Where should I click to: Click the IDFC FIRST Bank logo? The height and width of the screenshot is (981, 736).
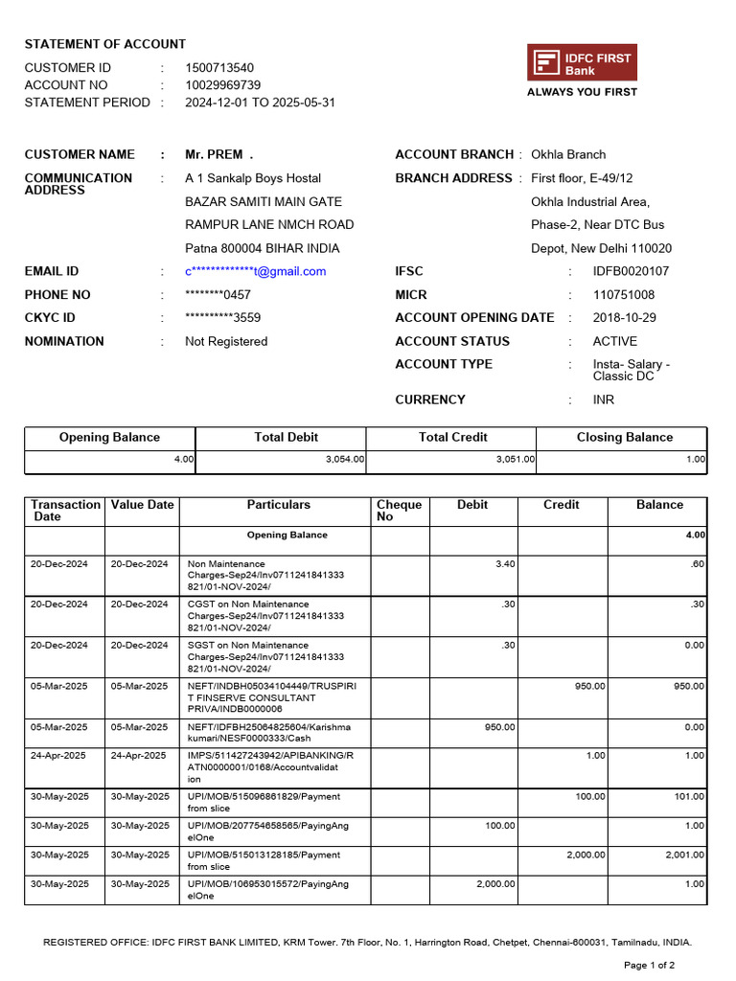582,63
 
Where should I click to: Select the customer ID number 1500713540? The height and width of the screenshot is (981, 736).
219,68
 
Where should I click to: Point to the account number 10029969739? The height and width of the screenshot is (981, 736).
222,85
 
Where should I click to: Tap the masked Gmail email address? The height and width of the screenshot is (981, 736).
255,271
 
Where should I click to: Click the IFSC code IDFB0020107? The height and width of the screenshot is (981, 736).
631,271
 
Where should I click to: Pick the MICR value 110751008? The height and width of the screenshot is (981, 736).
624,295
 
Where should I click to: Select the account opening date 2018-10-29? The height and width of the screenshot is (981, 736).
625,318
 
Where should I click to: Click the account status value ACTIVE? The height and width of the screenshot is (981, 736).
614,341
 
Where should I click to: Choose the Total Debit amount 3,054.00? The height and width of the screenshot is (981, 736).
345,460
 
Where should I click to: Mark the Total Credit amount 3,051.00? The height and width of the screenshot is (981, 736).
516,460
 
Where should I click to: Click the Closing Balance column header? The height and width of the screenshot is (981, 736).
624,438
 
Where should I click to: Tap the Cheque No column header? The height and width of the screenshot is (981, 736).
399,511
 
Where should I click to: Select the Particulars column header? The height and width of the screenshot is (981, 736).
278,505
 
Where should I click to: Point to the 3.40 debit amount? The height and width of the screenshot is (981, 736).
505,564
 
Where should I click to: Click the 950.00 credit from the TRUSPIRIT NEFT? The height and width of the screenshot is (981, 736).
589,686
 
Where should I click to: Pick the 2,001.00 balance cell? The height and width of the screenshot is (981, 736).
685,855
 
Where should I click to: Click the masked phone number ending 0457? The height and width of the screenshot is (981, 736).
218,295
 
